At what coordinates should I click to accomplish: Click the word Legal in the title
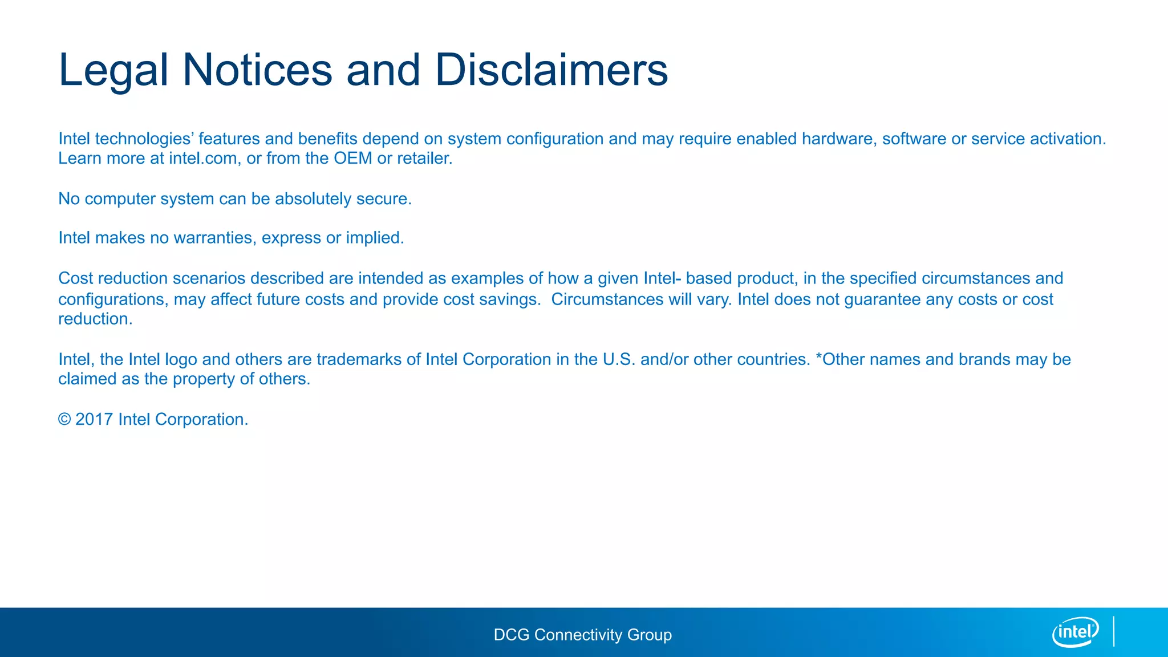(113, 71)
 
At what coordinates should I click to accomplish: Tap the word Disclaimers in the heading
(551, 71)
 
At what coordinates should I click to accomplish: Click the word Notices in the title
(257, 71)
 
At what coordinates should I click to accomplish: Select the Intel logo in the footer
(1075, 632)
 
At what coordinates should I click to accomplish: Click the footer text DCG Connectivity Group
(582, 635)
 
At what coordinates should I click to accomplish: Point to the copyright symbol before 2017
(64, 420)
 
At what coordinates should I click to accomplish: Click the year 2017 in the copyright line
(94, 420)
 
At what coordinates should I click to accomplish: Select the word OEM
(352, 159)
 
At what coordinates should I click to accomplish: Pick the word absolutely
(313, 199)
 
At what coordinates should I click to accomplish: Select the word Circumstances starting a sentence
(607, 299)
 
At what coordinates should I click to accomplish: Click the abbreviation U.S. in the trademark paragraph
(619, 359)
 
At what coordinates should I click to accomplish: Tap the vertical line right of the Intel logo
(1113, 631)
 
